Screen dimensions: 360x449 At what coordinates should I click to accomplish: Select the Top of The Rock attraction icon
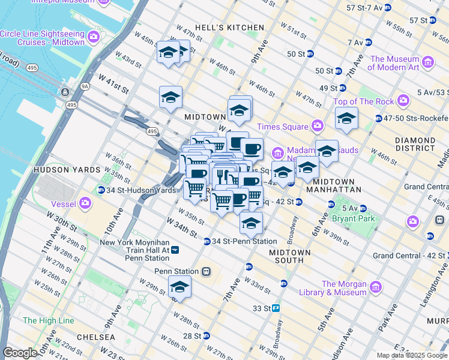403,100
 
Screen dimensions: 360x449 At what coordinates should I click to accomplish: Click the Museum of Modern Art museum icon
428,62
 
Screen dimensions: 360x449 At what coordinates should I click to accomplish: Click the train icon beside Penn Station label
206,271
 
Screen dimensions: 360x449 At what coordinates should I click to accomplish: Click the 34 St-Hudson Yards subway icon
101,190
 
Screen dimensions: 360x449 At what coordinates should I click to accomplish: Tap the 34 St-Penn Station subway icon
206,241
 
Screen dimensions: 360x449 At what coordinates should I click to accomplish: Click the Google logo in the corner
20,353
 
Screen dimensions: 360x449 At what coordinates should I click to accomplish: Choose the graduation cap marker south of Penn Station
179,287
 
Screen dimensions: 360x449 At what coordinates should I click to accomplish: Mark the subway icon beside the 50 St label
310,53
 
